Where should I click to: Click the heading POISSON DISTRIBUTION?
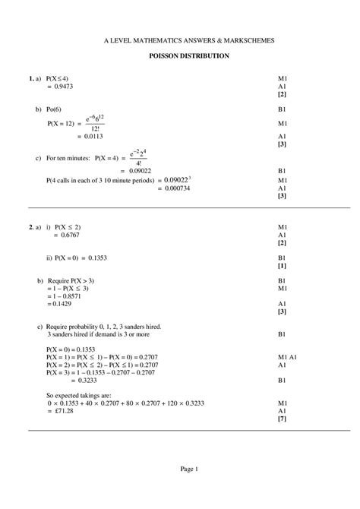[189, 56]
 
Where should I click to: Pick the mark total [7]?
[282, 418]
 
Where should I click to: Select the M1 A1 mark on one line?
[288, 357]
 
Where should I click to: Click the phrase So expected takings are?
[81, 395]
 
